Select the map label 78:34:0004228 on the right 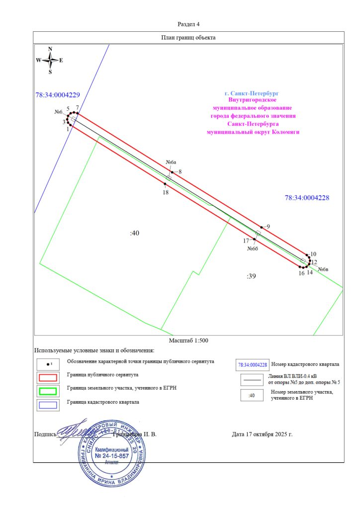[307, 198]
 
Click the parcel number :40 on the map [134, 233]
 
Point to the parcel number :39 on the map [251, 276]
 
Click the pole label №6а [171, 163]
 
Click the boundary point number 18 [166, 192]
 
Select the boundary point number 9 [268, 227]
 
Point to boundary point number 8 [180, 171]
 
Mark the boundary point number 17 [246, 241]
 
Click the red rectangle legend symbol [47, 376]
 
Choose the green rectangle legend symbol [47, 391]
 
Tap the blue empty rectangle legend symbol [47, 405]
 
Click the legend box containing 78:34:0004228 [253, 365]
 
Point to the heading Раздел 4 [188, 24]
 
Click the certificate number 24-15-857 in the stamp [112, 455]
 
